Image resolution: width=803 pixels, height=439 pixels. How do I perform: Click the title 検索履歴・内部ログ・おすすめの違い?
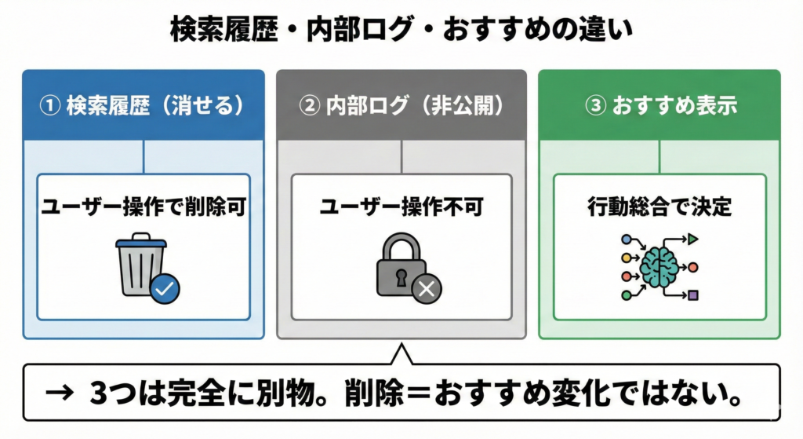(401, 30)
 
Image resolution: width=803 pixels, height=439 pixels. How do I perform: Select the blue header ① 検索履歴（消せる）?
(144, 106)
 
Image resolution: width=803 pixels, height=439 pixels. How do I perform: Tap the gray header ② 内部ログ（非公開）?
(401, 106)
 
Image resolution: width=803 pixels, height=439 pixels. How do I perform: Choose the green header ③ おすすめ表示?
(659, 106)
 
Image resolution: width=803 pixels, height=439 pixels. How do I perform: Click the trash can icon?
(139, 265)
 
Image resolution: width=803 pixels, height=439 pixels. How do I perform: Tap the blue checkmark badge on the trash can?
(165, 289)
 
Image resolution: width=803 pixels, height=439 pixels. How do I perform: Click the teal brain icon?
(659, 267)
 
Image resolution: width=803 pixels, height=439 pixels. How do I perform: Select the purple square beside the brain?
(693, 295)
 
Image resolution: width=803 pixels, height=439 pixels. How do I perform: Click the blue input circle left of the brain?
(626, 239)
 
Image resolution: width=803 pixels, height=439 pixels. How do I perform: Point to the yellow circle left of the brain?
(626, 258)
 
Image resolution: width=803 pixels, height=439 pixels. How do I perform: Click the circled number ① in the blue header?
(49, 106)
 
